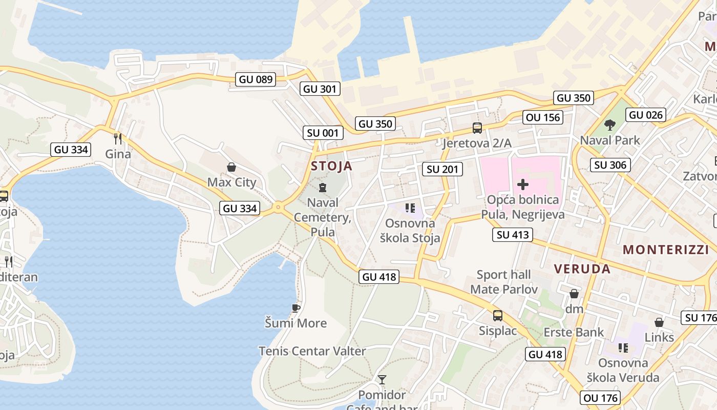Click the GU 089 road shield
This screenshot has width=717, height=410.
coord(256,79)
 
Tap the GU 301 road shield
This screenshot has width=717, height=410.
coord(320,89)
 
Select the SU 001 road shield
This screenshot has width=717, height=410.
coord(323,133)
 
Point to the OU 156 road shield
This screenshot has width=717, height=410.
coord(543,117)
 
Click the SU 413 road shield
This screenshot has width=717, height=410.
coord(513,235)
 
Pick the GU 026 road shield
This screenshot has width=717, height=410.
coord(646,115)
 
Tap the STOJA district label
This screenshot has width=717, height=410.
coord(331,166)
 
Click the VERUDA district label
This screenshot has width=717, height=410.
coord(582,269)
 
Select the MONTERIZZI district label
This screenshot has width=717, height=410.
coord(664,250)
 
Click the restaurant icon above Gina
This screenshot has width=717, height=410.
coord(118,138)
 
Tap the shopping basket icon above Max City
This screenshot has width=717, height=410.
coord(231,167)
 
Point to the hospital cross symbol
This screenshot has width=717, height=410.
coord(523,184)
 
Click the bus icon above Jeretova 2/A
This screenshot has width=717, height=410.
coord(477,128)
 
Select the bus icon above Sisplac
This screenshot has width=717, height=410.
coord(497,316)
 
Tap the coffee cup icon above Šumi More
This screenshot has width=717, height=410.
coord(296,307)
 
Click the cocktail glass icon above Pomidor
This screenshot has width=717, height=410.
coord(382,380)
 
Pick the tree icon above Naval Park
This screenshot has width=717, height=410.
coord(609,125)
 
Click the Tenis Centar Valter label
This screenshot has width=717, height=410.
coord(312,352)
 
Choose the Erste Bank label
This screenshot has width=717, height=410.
coord(574,332)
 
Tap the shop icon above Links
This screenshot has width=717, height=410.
coord(659,322)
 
